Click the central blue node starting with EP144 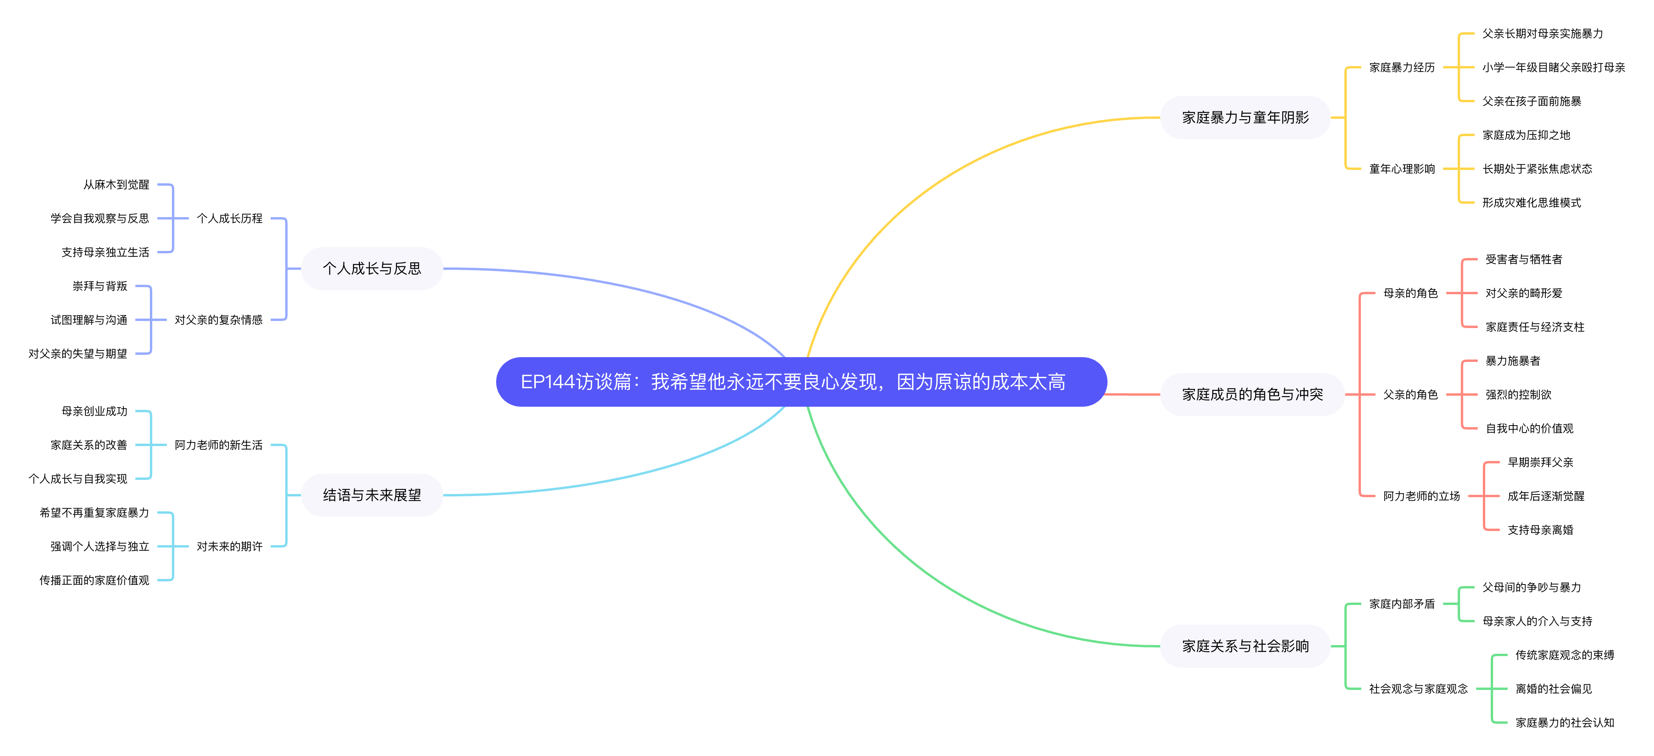pyautogui.click(x=801, y=382)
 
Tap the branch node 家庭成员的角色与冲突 pyautogui.click(x=1252, y=394)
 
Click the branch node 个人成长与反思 pyautogui.click(x=372, y=268)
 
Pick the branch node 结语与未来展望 pyautogui.click(x=372, y=495)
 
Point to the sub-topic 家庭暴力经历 pyautogui.click(x=1402, y=67)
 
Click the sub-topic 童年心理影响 pyautogui.click(x=1402, y=169)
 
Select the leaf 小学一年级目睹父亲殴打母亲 pyautogui.click(x=1553, y=67)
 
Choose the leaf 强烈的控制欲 pyautogui.click(x=1518, y=395)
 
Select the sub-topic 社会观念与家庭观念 pyautogui.click(x=1418, y=689)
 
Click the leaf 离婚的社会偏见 pyautogui.click(x=1553, y=689)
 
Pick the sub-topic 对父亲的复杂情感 pyautogui.click(x=218, y=320)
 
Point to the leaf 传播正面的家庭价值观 pyautogui.click(x=94, y=580)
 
